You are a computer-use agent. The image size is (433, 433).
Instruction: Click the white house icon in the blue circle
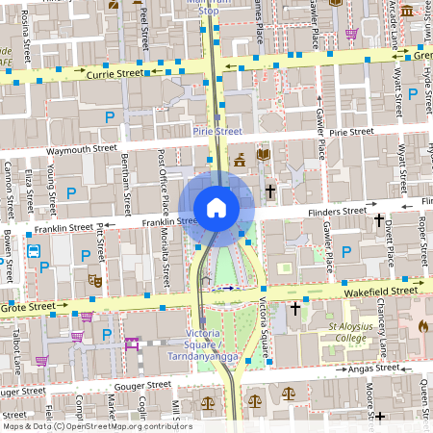coord(216,207)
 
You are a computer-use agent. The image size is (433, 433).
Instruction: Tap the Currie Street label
coord(115,72)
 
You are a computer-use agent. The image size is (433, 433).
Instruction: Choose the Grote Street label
coord(29,307)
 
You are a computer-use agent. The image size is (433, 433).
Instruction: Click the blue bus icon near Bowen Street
coord(34,252)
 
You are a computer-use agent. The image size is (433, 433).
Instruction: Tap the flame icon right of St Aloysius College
coord(422,326)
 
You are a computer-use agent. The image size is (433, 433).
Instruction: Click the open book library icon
coord(264,154)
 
